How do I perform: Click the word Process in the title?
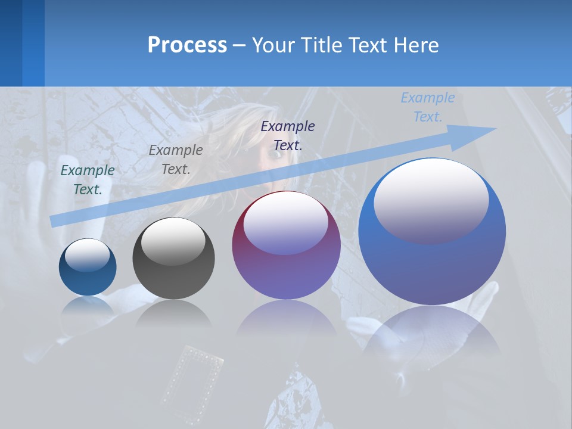(187, 45)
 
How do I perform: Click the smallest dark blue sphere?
(88, 268)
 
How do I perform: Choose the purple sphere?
(286, 245)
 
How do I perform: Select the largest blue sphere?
(432, 232)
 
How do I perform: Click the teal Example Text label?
(88, 180)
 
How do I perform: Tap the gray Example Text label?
(176, 160)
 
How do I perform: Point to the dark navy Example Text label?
(288, 135)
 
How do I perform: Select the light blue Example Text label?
(428, 107)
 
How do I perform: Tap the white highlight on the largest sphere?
(431, 200)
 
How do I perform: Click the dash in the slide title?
(239, 45)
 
